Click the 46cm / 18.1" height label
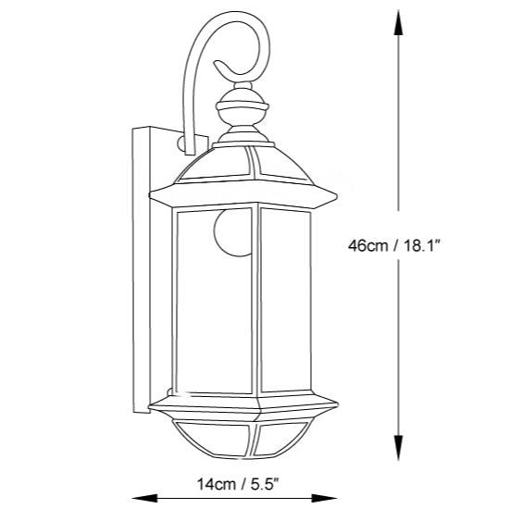(x=399, y=246)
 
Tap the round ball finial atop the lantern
(x=245, y=112)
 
